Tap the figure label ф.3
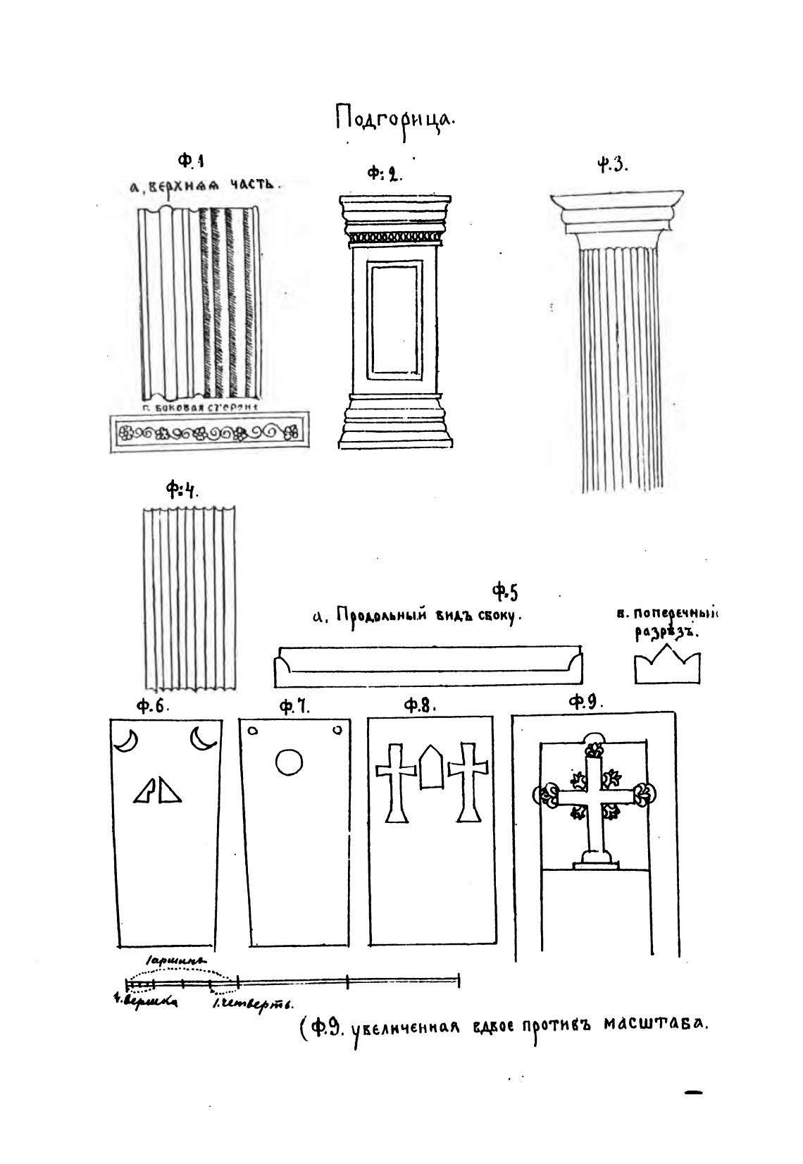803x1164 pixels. [x=611, y=167]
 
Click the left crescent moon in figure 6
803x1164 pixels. [x=126, y=741]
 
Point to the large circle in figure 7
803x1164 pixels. [x=289, y=762]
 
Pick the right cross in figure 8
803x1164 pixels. [x=468, y=779]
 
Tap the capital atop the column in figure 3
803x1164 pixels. [x=616, y=215]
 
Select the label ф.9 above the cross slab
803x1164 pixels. [x=586, y=702]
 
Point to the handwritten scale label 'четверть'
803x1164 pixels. [x=254, y=1004]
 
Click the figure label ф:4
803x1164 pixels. [x=182, y=488]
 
